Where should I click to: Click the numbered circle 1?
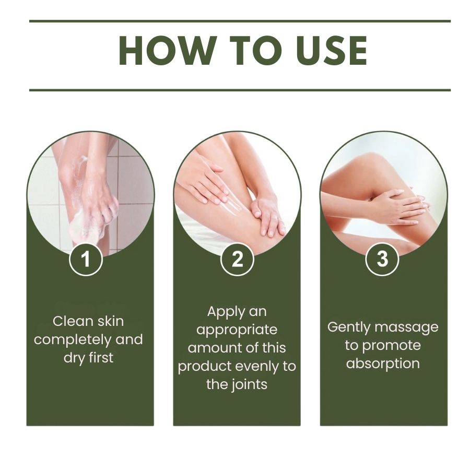(86, 258)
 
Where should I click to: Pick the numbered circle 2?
(237, 258)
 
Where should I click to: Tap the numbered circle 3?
(382, 258)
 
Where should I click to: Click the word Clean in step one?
(70, 321)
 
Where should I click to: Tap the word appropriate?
(237, 331)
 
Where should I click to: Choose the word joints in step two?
(248, 384)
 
